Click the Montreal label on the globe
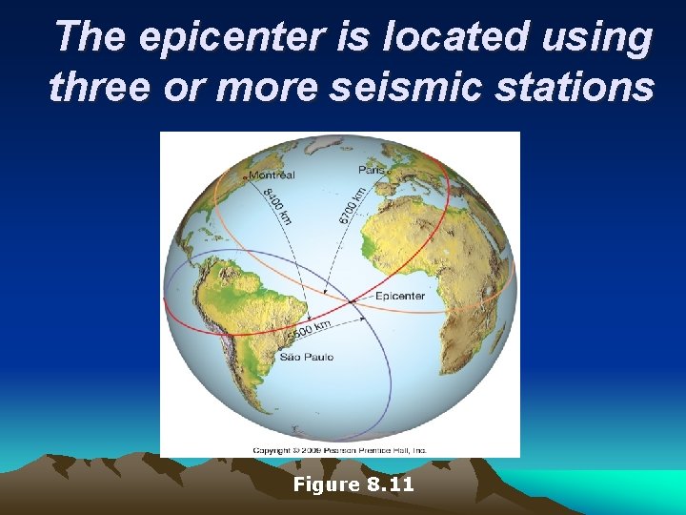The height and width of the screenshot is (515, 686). [272, 175]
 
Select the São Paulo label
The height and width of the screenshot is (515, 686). [307, 357]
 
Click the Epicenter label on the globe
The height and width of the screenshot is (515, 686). [399, 297]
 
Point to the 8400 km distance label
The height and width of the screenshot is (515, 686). [278, 206]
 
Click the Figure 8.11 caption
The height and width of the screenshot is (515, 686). [353, 484]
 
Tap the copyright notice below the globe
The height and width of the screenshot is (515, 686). [339, 449]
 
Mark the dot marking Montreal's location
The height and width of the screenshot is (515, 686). [245, 177]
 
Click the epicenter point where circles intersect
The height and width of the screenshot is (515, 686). [353, 300]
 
